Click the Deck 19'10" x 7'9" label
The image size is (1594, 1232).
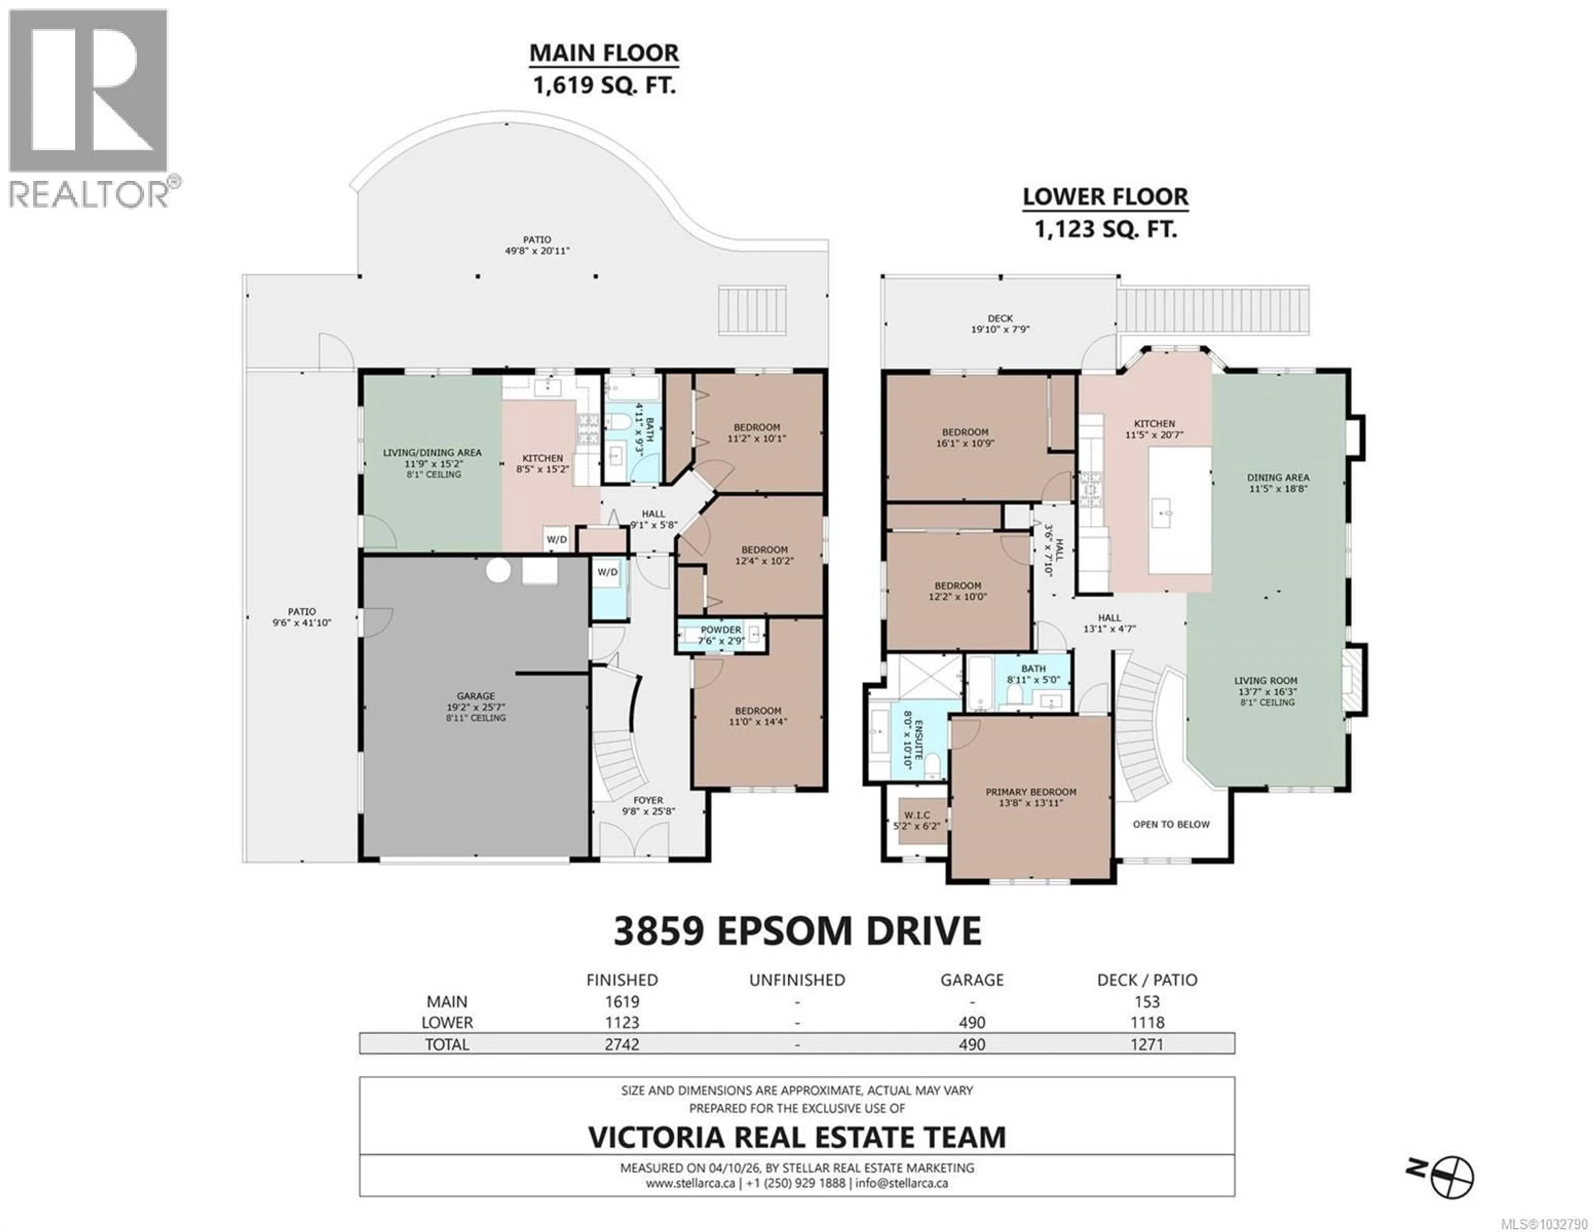pyautogui.click(x=1000, y=323)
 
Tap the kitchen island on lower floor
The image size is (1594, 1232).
pyautogui.click(x=1179, y=510)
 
